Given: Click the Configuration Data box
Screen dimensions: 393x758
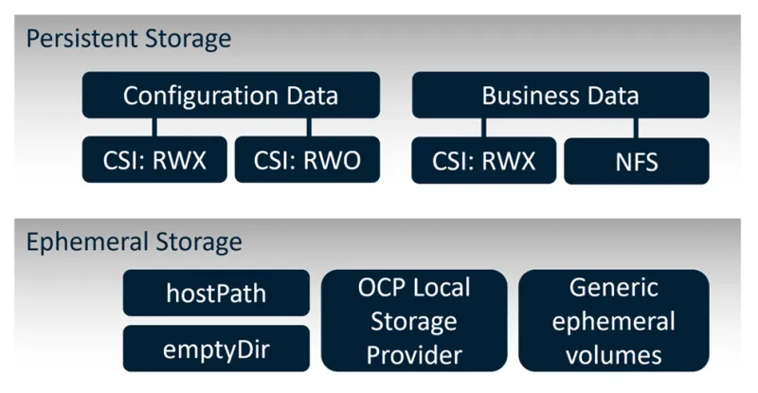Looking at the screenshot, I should click(230, 96).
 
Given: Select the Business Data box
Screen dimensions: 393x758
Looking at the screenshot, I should click(560, 96).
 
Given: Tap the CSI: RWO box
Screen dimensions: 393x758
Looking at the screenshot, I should click(307, 160).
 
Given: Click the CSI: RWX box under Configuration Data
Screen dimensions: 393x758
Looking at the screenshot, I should click(155, 160).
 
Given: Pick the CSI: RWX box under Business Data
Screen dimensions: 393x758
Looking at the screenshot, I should click(483, 160).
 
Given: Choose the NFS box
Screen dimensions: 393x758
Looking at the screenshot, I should click(636, 161).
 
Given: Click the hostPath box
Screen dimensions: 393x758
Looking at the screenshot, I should click(216, 293).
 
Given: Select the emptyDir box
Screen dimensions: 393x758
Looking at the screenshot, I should click(216, 348).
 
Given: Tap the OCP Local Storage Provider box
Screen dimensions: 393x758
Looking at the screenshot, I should click(413, 320).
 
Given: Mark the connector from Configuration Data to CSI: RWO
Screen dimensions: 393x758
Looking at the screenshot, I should click(307, 128).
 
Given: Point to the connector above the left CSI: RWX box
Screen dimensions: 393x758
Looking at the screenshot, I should click(155, 128).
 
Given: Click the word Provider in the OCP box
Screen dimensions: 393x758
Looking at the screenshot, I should click(413, 355).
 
